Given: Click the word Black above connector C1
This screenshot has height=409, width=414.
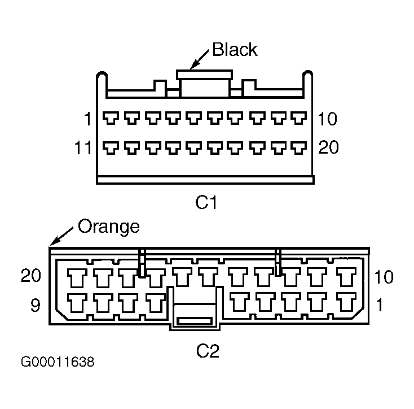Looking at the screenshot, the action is point(235,50).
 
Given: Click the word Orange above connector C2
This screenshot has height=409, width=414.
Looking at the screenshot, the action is point(108,227).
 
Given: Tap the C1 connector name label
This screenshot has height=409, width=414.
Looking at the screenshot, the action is point(206,202).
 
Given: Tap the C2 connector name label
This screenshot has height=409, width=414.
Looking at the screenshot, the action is point(208,351).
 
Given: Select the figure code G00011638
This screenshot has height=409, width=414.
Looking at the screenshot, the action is point(58,362).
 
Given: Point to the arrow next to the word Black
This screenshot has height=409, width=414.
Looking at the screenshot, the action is point(200,59).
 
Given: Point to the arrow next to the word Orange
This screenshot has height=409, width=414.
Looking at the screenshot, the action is point(61,236).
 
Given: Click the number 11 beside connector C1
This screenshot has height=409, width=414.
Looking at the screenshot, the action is point(83,147).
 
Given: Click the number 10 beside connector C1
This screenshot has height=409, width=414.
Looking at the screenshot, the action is point(327,119).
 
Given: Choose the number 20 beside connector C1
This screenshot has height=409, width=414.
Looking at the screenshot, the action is point(328,147).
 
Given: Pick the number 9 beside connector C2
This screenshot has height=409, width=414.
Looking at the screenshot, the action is point(36,305).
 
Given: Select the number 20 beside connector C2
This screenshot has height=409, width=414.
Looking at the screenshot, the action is point(31,275).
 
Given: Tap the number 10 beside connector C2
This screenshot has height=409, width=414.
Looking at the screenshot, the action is point(384,277).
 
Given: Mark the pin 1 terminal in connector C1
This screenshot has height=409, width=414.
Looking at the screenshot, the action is point(111,118).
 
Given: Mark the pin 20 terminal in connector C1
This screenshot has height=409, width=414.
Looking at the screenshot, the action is point(298,148).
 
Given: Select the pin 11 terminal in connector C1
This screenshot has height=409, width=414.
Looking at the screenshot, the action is point(111,148).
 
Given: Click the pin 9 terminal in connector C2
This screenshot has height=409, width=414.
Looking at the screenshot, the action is point(77,303).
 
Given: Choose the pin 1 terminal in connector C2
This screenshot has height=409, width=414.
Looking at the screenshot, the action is point(346,302).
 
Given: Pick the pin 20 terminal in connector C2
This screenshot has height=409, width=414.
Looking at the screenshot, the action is point(77,278).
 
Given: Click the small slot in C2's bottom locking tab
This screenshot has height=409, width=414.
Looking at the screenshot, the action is point(195,321).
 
